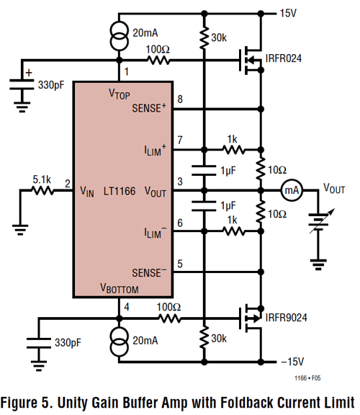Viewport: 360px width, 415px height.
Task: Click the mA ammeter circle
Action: (292, 190)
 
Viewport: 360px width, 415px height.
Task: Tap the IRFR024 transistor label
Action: (283, 58)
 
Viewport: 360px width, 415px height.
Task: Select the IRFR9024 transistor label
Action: (286, 317)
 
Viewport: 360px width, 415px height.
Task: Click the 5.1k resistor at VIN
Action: (42, 190)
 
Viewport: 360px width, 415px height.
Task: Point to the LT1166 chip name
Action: (120, 191)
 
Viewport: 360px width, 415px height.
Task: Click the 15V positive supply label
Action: (288, 13)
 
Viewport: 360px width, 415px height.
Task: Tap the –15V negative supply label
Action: (292, 362)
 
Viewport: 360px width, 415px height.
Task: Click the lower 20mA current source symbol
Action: (119, 342)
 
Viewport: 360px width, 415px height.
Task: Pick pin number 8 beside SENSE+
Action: (180, 99)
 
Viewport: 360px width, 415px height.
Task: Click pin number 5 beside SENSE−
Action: (180, 264)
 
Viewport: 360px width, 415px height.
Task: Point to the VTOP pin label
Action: (120, 94)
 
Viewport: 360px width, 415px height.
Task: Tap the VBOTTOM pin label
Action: (120, 288)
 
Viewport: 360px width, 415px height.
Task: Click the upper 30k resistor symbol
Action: (204, 37)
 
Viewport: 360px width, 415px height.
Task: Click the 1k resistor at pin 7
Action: (233, 150)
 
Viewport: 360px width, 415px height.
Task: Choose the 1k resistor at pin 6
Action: (233, 231)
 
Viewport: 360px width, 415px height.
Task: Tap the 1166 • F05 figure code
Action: (307, 378)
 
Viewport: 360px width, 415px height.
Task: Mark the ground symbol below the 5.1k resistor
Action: (20, 229)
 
